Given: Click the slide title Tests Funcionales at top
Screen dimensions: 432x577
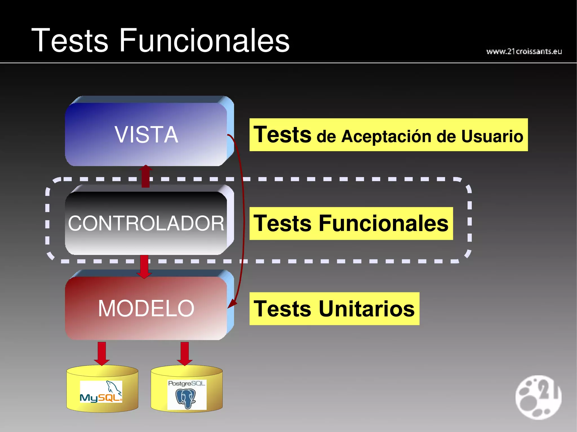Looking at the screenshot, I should [x=160, y=40].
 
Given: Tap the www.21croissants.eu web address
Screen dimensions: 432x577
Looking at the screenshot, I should [x=524, y=51].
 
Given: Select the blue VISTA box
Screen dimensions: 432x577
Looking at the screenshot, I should [x=146, y=134].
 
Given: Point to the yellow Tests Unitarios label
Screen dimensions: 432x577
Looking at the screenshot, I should [x=334, y=309].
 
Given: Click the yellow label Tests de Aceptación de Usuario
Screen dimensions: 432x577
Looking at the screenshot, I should [x=388, y=135].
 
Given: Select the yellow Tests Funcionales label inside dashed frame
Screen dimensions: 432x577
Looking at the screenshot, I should [x=351, y=223].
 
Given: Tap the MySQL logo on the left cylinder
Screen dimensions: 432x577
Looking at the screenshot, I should [x=101, y=392].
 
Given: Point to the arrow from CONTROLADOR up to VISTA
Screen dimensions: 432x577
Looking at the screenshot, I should [x=146, y=176].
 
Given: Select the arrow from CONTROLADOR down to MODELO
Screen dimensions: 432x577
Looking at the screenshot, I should [x=144, y=266].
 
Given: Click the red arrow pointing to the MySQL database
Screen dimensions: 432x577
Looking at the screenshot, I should [x=102, y=353].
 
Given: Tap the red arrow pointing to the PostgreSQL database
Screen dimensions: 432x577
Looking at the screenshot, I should [x=185, y=353].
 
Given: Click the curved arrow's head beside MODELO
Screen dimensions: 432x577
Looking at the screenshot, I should [x=232, y=303].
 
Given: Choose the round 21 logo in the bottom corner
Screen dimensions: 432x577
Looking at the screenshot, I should [x=538, y=397].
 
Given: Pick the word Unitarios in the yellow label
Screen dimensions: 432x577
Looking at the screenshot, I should [x=367, y=309].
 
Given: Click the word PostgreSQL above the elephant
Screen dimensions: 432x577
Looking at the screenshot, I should [x=187, y=383].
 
